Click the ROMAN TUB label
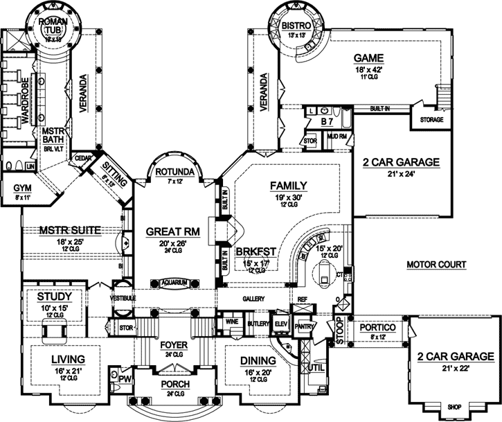[x=53, y=26]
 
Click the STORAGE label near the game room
[x=431, y=120]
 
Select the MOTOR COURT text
[x=436, y=264]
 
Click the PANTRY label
[x=305, y=326]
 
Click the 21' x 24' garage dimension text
[x=401, y=175]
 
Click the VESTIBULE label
[x=122, y=298]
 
